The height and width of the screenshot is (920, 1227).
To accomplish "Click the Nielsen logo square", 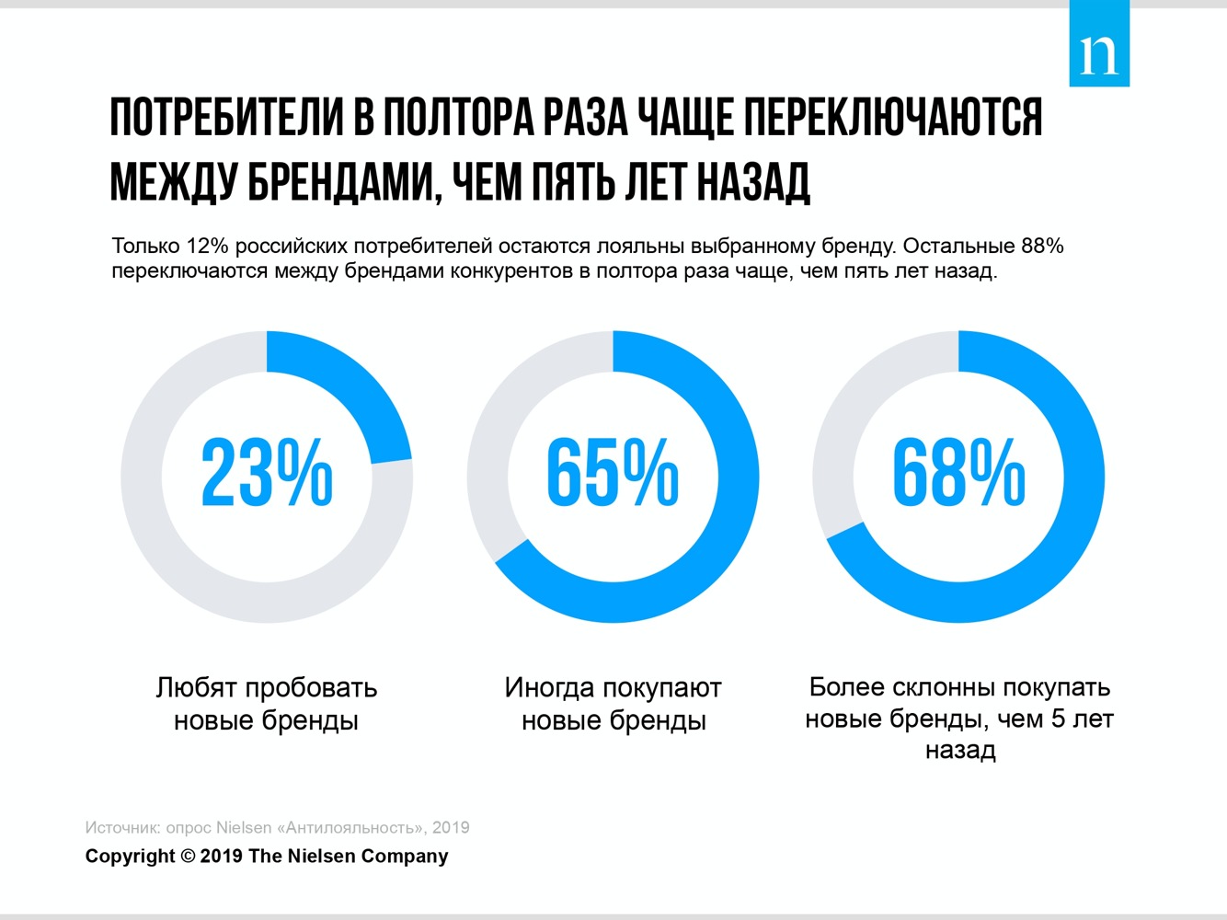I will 1099,44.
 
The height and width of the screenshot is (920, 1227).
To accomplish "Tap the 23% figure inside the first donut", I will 267,474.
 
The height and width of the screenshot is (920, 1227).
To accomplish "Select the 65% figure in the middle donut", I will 613,474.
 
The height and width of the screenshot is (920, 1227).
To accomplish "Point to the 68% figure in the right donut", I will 958,474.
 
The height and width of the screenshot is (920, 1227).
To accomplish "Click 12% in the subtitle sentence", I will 207,247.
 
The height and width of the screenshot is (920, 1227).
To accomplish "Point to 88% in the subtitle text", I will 1041,247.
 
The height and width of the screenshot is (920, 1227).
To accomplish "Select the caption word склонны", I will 933,687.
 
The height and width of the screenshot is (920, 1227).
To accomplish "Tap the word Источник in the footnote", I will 122,828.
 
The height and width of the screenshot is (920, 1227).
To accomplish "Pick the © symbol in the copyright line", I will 188,857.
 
